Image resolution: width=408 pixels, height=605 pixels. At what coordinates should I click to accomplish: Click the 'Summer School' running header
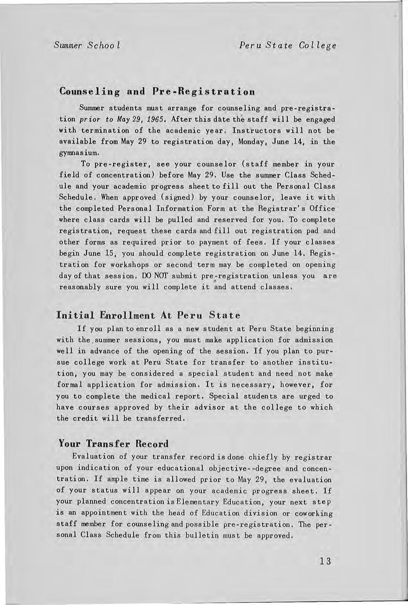[x=88, y=45]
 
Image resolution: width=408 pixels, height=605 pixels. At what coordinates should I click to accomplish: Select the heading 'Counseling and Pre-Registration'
[x=157, y=91]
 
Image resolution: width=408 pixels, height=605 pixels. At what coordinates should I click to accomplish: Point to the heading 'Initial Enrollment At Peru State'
[x=149, y=315]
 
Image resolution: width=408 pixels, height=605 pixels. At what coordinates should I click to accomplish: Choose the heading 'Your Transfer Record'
[x=114, y=443]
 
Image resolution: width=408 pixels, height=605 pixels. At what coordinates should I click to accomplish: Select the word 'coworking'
[x=314, y=513]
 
